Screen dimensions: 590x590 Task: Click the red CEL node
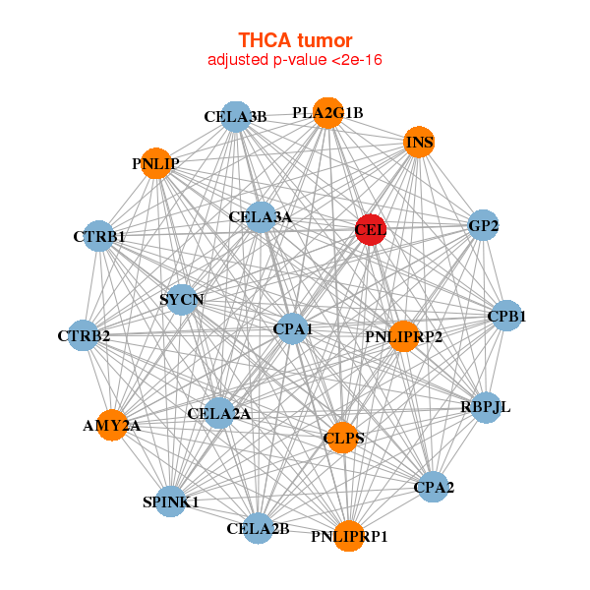tap(371, 230)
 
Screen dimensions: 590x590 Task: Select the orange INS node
tap(419, 143)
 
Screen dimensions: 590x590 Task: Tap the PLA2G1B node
tap(327, 113)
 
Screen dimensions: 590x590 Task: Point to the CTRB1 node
tap(98, 237)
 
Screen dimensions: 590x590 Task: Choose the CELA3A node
tap(260, 217)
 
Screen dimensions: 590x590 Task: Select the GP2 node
tap(483, 226)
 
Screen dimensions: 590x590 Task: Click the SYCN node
tap(181, 299)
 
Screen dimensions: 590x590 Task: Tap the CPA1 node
tap(292, 328)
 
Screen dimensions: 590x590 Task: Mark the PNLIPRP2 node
tap(403, 337)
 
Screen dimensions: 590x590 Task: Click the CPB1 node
tap(506, 317)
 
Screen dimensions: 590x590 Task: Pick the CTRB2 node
tap(85, 336)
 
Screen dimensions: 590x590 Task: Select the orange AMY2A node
tap(111, 426)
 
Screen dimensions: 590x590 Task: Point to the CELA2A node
tap(219, 414)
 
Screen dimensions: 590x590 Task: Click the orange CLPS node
tap(343, 438)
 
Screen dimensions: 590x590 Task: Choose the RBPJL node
tap(486, 407)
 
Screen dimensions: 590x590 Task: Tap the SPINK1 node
tap(171, 501)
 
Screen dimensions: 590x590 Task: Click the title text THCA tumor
tap(295, 40)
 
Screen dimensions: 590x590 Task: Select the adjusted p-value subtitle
tap(295, 60)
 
